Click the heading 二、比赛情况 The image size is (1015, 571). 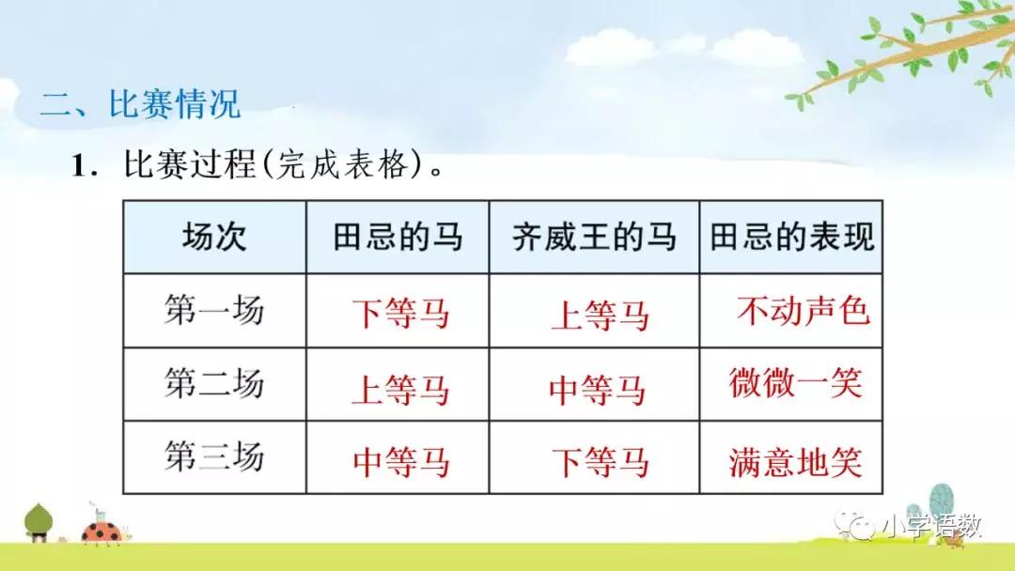pyautogui.click(x=140, y=103)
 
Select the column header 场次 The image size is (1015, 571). pyautogui.click(x=214, y=237)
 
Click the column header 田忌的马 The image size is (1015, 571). pyautogui.click(x=398, y=237)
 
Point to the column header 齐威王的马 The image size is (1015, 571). pyautogui.click(x=594, y=237)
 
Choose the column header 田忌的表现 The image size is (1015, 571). pyautogui.click(x=791, y=237)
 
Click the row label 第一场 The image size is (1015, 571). pyautogui.click(x=214, y=310)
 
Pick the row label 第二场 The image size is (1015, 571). pyautogui.click(x=214, y=384)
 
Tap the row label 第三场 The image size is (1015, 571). pyautogui.click(x=214, y=458)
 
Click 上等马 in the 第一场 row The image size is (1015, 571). pyautogui.click(x=600, y=316)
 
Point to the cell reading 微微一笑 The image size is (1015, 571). pyautogui.click(x=795, y=383)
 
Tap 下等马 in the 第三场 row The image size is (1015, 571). pyautogui.click(x=600, y=462)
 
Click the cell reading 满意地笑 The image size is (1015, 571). pyautogui.click(x=795, y=462)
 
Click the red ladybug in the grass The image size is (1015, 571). pyautogui.click(x=98, y=532)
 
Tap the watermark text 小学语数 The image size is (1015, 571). pyautogui.click(x=931, y=527)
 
